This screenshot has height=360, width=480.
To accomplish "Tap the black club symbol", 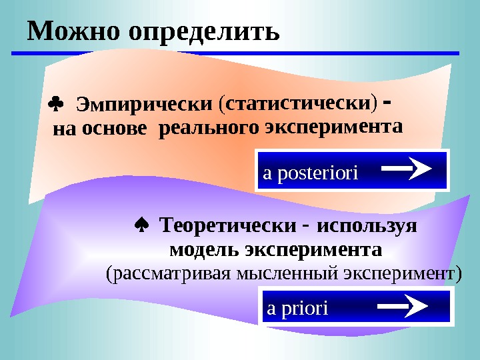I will coord(55,104).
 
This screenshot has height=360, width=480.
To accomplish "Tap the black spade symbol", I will coord(142,226).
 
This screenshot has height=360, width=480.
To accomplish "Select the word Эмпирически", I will coord(144,105).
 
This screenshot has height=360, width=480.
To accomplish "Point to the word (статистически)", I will coord(299,103).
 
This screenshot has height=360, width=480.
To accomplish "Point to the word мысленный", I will coord(299,273).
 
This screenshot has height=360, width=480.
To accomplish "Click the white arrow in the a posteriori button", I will coord(408,169).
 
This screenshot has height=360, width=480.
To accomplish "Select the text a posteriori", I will coord(311,173).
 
